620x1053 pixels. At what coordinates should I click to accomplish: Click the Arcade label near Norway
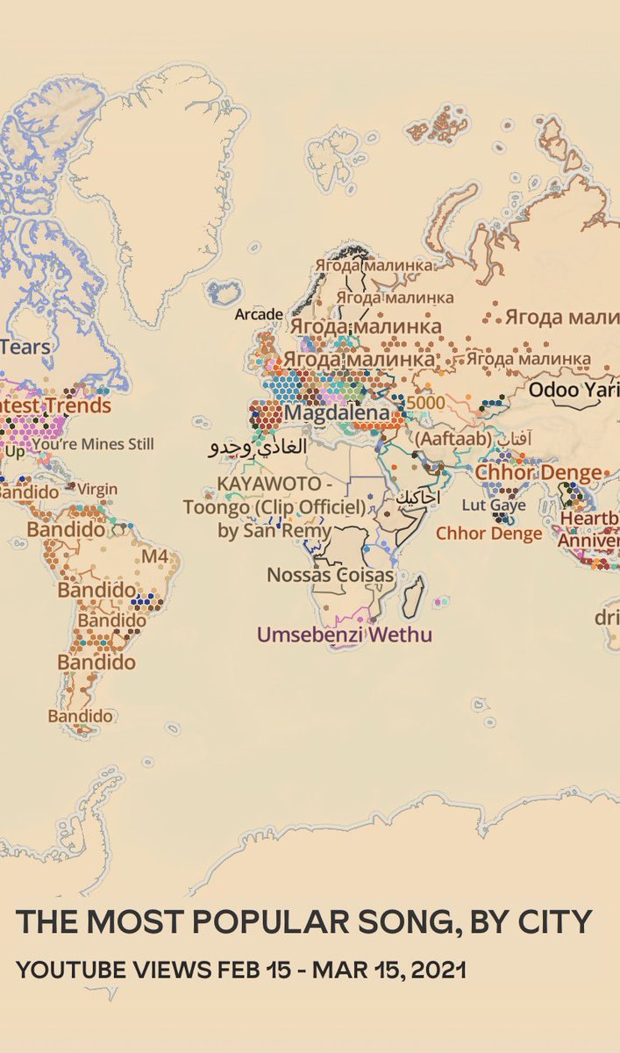(259, 314)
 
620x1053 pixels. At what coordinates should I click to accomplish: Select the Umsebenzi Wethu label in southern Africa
(344, 634)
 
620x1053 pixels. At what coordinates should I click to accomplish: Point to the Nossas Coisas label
(331, 575)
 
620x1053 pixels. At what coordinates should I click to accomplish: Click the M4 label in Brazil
(154, 557)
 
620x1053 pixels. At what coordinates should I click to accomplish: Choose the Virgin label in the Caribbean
(97, 489)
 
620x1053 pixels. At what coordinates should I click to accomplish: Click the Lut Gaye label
(494, 505)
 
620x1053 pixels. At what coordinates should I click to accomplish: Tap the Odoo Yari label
(574, 390)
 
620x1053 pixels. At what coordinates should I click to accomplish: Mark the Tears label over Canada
(26, 347)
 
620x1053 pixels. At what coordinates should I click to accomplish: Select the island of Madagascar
(412, 596)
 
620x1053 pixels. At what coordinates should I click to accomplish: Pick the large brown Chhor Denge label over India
(538, 472)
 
